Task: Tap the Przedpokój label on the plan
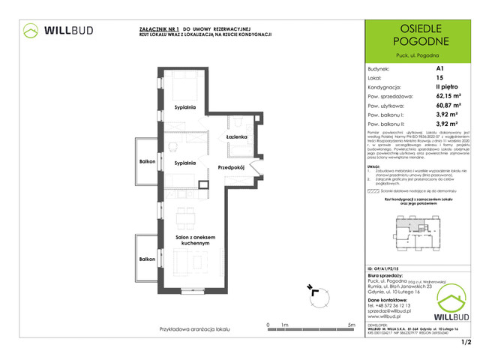[233, 167]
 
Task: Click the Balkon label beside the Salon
[146, 259]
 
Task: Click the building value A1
[439, 68]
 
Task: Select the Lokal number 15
[439, 78]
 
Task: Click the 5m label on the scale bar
[352, 325]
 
